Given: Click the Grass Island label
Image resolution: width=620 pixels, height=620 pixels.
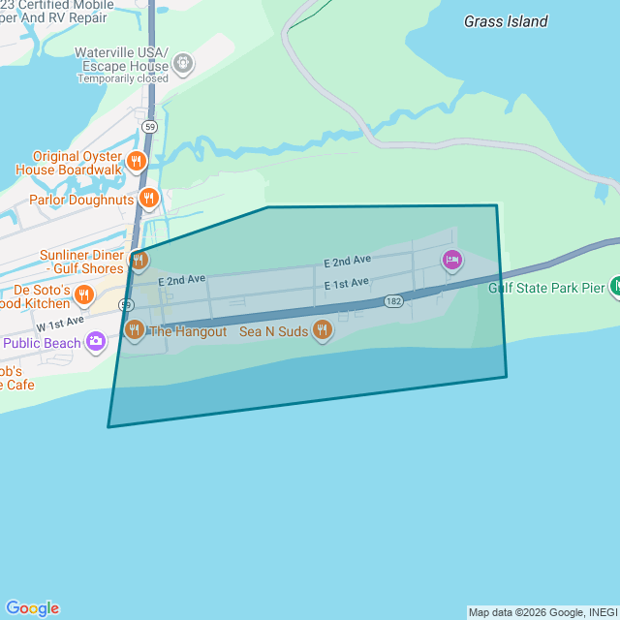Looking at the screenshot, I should coord(506,21).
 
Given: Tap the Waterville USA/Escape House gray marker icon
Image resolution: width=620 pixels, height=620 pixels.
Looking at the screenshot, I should coord(182,64).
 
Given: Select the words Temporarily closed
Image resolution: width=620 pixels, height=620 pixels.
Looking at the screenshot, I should coord(123,78).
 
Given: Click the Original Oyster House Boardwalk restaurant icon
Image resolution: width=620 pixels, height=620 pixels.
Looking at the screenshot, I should coord(137,162).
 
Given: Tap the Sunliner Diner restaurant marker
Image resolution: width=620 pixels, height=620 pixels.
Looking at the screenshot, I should coord(139,260).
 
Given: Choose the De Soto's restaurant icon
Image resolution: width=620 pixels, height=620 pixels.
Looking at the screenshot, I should coord(84,295).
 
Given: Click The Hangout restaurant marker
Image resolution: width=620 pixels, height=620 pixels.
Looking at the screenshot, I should coord(135,330).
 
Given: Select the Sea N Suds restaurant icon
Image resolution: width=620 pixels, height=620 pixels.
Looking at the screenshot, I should coord(324,331).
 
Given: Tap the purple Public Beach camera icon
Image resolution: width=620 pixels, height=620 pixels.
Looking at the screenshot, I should coord(95,341).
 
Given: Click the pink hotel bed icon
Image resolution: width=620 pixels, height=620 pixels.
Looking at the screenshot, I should coord(451,260).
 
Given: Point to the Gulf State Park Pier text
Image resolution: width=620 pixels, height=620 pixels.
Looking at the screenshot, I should coord(545,287).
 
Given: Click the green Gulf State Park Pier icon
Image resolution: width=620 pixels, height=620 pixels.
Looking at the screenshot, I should coord(615,286).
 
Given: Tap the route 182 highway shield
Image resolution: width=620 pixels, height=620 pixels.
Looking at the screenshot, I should coord(393,301).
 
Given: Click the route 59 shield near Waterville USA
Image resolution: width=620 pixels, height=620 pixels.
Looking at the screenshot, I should coord(149,126).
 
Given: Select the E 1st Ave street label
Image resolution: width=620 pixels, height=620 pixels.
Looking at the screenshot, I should coord(347,284).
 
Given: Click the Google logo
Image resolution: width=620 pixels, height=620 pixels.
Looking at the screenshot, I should coord(32,607).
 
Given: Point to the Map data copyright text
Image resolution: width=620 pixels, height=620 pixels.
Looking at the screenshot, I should coord(542,612).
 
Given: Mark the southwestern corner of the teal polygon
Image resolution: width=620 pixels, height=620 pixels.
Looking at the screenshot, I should coord(108,426).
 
